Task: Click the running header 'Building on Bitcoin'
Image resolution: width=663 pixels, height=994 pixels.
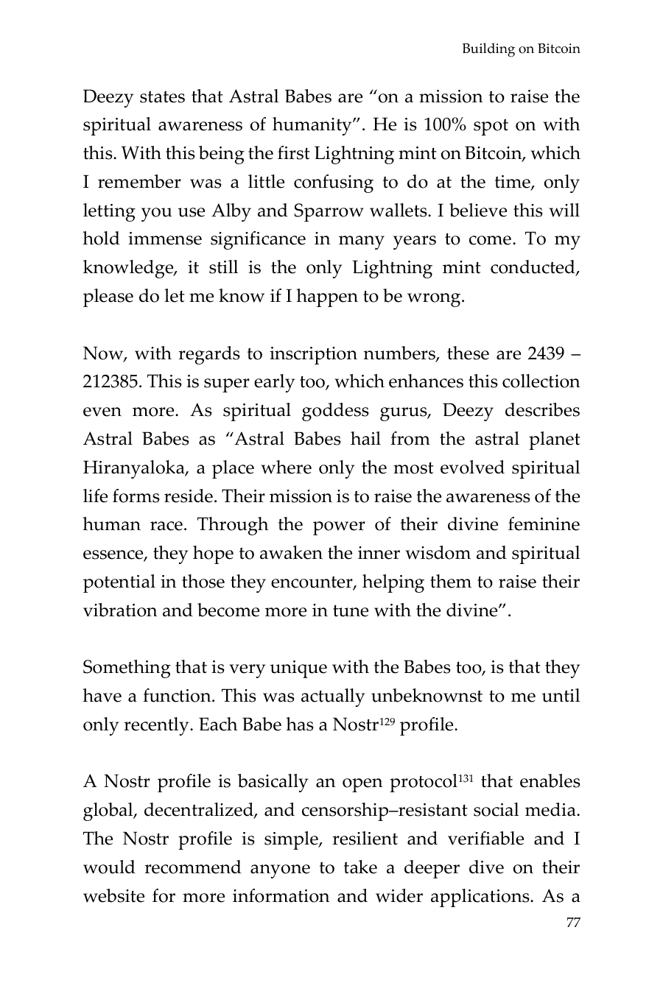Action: tap(521, 49)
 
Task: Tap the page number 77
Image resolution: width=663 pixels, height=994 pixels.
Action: tap(572, 923)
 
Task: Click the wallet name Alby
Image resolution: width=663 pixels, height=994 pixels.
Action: tap(232, 211)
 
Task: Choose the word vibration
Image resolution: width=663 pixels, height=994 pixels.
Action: tap(120, 611)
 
